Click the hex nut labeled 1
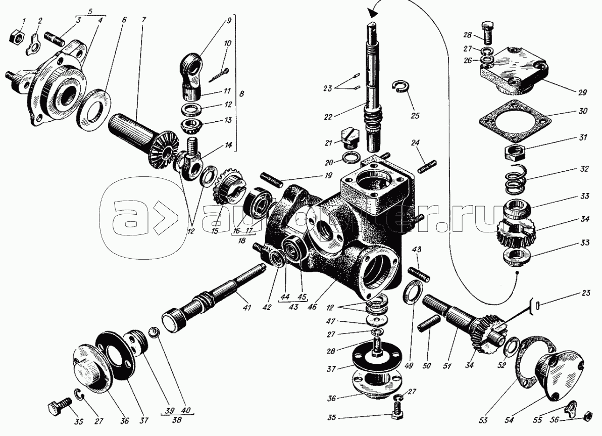pyautogui.click(x=16, y=37)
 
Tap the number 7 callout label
pyautogui.click(x=143, y=19)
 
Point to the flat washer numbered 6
pyautogui.click(x=92, y=107)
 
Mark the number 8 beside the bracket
pyautogui.click(x=241, y=93)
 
